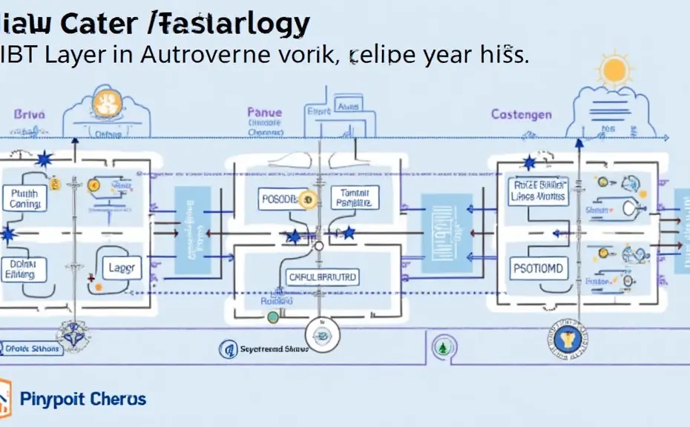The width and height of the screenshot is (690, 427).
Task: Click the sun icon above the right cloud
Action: tap(615, 70)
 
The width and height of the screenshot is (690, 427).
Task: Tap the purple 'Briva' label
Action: tap(30, 115)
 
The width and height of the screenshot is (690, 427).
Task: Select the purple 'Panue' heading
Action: tap(265, 113)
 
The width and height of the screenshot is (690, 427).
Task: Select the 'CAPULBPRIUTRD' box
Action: tap(321, 277)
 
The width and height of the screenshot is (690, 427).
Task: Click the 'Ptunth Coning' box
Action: tap(24, 199)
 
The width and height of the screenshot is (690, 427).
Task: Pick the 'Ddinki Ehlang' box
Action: tap(24, 268)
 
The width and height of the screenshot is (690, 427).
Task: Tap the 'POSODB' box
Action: tap(285, 199)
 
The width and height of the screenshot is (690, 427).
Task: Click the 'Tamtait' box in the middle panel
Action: tap(355, 197)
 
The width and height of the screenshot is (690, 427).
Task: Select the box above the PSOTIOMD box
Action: tap(538, 191)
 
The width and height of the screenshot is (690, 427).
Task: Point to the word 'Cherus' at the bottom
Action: tap(119, 399)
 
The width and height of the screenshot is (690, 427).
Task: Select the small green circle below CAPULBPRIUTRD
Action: tap(273, 317)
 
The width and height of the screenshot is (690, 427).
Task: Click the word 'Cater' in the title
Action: tap(102, 24)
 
